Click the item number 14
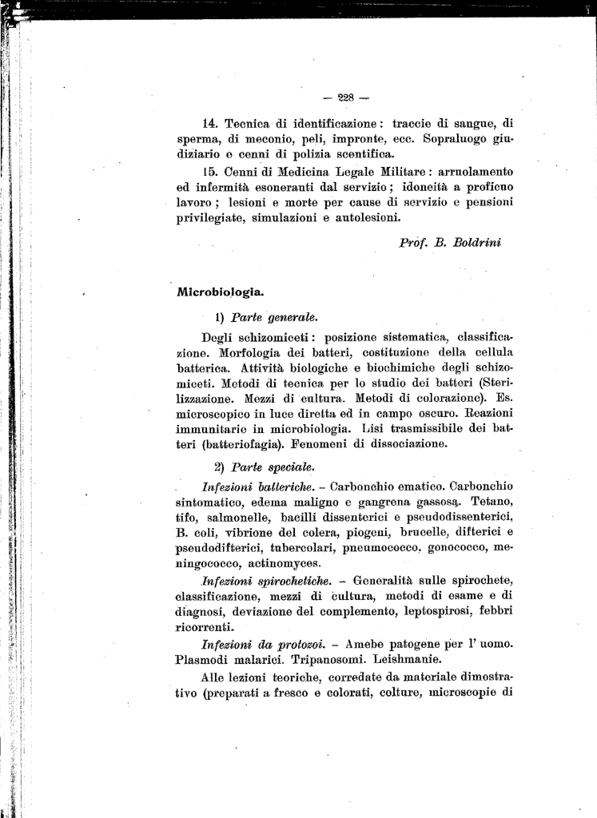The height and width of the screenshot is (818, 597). [x=210, y=123]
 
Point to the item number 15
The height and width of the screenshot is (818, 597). [x=210, y=171]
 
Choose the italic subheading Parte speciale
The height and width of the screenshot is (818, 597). [x=273, y=467]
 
